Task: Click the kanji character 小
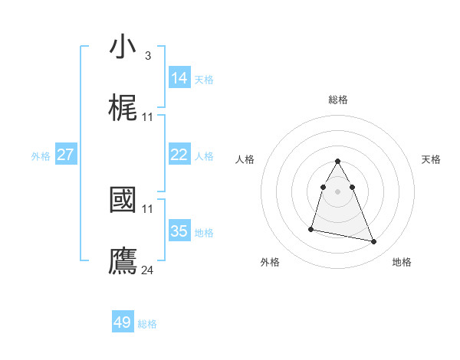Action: [123, 47]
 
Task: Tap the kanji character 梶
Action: [123, 109]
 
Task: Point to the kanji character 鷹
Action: [123, 260]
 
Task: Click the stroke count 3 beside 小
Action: [147, 56]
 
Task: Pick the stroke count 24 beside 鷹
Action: [148, 270]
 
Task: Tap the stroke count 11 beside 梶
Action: [148, 117]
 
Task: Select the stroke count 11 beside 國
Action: [148, 208]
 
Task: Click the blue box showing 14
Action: [179, 77]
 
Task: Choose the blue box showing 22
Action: [179, 155]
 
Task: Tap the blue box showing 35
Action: [179, 231]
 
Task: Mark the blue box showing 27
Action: [66, 155]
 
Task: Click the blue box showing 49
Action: [123, 322]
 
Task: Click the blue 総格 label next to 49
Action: [147, 324]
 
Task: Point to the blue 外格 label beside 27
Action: [41, 156]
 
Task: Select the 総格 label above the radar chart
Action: [338, 100]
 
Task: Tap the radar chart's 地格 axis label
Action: [402, 262]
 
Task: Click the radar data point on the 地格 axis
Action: [374, 242]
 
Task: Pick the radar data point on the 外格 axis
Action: [311, 228]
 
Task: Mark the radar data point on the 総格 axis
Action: [338, 161]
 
